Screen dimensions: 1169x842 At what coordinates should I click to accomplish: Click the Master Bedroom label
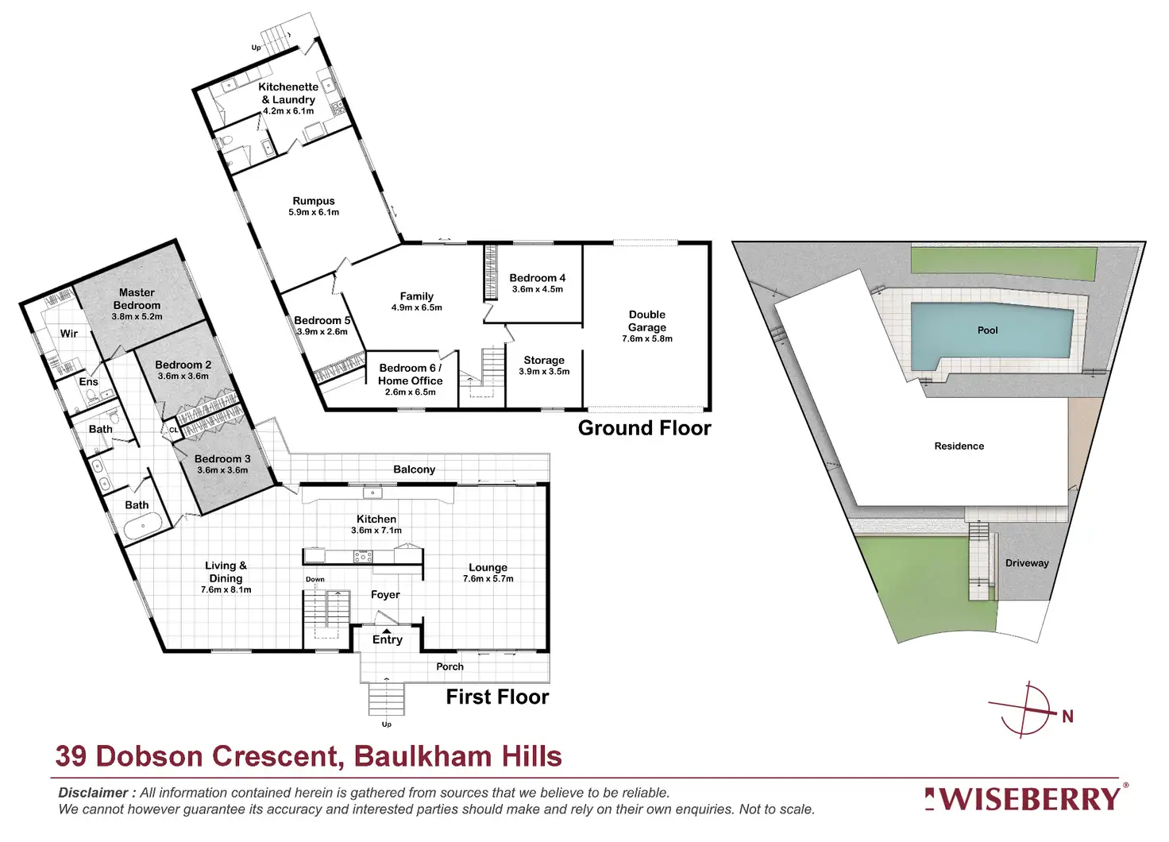tap(137, 299)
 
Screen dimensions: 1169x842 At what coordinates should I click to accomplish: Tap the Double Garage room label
tap(647, 321)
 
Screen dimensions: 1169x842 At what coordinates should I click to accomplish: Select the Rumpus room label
tap(314, 201)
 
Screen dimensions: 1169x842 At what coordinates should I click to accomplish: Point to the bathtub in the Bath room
tap(144, 524)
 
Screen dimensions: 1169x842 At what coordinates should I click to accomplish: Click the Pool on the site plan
tap(987, 330)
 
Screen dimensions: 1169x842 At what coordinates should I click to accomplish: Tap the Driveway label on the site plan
tap(1027, 563)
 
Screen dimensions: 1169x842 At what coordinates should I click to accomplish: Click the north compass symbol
tap(1030, 709)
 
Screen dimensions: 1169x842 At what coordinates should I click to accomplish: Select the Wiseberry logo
tap(1026, 798)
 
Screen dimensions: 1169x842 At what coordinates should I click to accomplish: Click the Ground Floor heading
tap(644, 428)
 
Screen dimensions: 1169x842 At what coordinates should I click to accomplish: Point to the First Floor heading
tap(497, 697)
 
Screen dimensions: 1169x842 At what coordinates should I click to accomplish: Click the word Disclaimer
tap(93, 793)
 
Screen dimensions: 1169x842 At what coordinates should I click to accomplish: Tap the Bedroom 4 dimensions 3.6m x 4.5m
tap(538, 289)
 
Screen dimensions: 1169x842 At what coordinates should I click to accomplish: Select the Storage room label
tap(544, 360)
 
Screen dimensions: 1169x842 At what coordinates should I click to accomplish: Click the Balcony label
tap(415, 469)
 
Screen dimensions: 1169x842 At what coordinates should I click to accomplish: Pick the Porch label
tap(449, 666)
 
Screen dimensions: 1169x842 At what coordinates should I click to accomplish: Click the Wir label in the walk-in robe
tap(69, 334)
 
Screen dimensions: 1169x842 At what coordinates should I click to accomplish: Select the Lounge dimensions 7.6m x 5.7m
tap(488, 579)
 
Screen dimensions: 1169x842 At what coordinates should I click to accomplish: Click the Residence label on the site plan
tap(959, 446)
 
